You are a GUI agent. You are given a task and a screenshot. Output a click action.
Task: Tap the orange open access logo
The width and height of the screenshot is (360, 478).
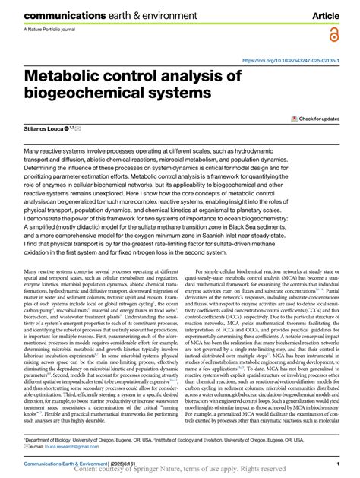333,35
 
